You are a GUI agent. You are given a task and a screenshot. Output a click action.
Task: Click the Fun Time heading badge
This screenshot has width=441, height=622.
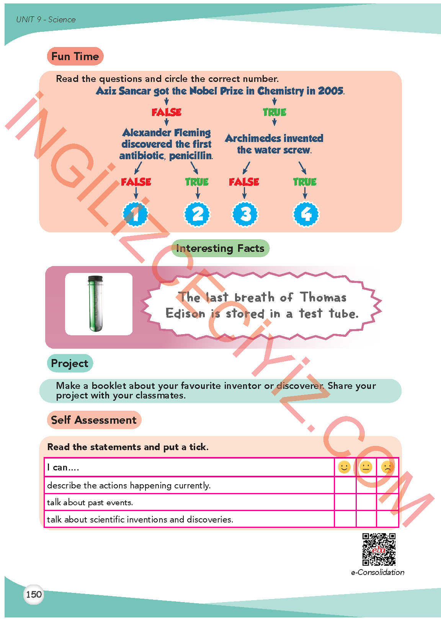(x=75, y=56)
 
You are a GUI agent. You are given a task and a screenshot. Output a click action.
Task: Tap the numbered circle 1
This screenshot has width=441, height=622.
(x=136, y=214)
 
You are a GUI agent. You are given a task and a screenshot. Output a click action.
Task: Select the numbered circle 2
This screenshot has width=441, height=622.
(x=197, y=214)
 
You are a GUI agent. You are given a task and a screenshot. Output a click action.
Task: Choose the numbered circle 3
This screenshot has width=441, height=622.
(x=245, y=214)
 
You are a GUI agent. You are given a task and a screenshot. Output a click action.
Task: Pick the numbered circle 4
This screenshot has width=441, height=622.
(x=305, y=214)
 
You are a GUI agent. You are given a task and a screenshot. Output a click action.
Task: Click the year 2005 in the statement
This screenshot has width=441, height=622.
(x=330, y=91)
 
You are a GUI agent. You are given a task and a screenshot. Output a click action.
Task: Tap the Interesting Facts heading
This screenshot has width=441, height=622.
(x=220, y=248)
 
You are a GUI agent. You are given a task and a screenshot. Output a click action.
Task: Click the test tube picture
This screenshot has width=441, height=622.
(x=98, y=304)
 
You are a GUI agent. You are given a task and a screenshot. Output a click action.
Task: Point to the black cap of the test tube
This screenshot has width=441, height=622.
(x=95, y=278)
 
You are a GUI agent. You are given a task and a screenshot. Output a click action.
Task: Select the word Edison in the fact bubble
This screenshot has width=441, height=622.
(x=185, y=313)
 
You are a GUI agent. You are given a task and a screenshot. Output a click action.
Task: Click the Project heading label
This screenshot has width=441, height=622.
(x=70, y=363)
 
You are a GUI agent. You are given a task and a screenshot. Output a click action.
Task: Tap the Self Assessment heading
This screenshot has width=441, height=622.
(x=94, y=420)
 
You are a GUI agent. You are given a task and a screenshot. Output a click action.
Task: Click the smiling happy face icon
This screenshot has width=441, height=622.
(x=345, y=467)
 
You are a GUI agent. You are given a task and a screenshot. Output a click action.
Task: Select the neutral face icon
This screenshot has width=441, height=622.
(x=366, y=467)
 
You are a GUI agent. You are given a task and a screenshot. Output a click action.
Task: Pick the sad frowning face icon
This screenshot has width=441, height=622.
(x=387, y=467)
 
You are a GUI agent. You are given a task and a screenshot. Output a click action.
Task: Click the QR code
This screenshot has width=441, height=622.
(x=379, y=549)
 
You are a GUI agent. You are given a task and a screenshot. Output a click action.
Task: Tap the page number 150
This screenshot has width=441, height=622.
(x=34, y=594)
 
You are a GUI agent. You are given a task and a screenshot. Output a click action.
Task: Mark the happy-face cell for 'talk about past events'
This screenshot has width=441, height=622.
(x=345, y=502)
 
